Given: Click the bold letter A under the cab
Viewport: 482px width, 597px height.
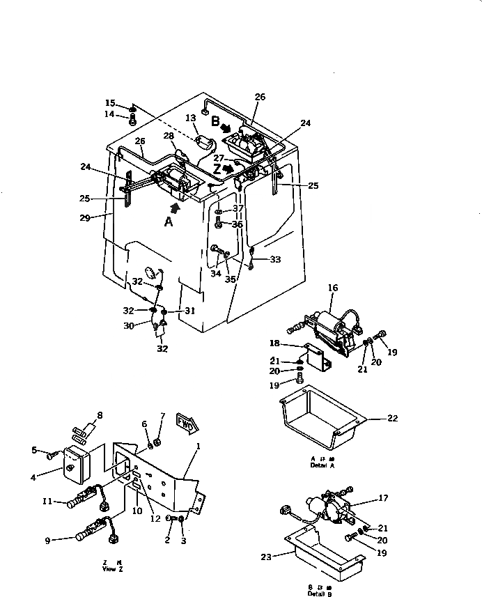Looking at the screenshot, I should (x=168, y=223).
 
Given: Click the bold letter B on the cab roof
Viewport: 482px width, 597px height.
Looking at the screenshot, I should (x=215, y=121).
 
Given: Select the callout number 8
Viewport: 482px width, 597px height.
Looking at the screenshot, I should (x=100, y=415).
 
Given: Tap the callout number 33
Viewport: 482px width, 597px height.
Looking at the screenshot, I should (x=276, y=260).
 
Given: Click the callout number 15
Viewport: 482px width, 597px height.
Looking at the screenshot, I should (x=110, y=103).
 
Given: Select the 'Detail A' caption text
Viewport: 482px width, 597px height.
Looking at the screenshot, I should (x=322, y=463).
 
